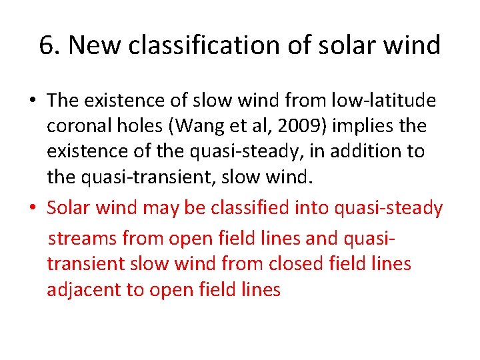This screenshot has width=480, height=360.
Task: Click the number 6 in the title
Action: [x=46, y=46]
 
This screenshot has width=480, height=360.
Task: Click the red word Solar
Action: [x=69, y=209]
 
